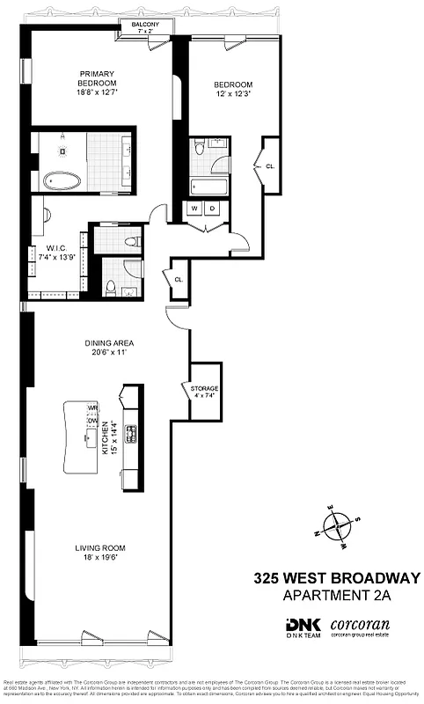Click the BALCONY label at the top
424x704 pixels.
pyautogui.click(x=145, y=25)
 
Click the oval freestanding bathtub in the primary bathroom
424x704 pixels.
pyautogui.click(x=62, y=182)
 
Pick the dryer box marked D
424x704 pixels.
pyautogui.click(x=213, y=209)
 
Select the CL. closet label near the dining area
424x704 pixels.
pyautogui.click(x=178, y=280)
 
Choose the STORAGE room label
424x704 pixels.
pyautogui.click(x=204, y=388)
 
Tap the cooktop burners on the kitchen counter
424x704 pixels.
pyautogui.click(x=131, y=435)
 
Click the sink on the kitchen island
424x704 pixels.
pyautogui.click(x=91, y=445)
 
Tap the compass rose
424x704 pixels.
pyautogui.click(x=337, y=528)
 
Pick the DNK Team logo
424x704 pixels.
pyautogui.click(x=300, y=628)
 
